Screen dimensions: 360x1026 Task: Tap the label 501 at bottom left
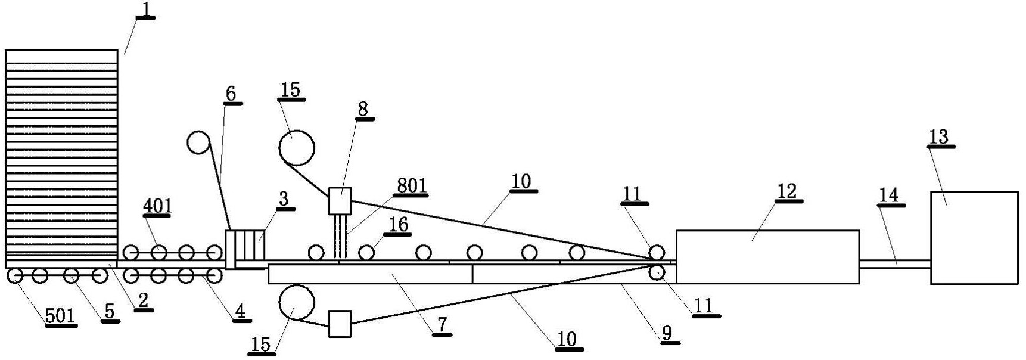click(x=61, y=316)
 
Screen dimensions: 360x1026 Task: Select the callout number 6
click(x=231, y=94)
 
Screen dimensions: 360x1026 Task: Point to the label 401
click(x=157, y=206)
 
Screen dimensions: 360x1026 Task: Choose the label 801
click(x=412, y=185)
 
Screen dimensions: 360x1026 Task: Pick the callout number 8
click(x=363, y=109)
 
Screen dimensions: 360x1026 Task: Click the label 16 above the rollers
click(x=399, y=224)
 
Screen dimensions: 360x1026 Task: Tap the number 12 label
click(x=786, y=192)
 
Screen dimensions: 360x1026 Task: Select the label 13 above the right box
click(x=939, y=136)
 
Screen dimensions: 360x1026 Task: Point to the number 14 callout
click(x=888, y=195)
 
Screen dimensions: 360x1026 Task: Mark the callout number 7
click(x=442, y=325)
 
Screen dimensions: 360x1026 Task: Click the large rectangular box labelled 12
click(x=767, y=256)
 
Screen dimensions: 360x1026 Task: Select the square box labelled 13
click(x=974, y=238)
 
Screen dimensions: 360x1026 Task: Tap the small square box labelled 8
click(x=340, y=201)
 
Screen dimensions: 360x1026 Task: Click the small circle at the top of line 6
click(x=198, y=142)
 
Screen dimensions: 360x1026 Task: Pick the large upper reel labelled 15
click(x=297, y=147)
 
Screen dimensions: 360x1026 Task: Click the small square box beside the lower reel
click(x=340, y=324)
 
